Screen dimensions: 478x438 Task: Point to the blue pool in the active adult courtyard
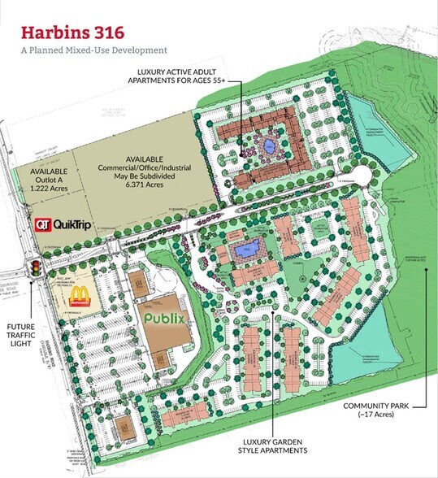[x=267, y=146]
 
